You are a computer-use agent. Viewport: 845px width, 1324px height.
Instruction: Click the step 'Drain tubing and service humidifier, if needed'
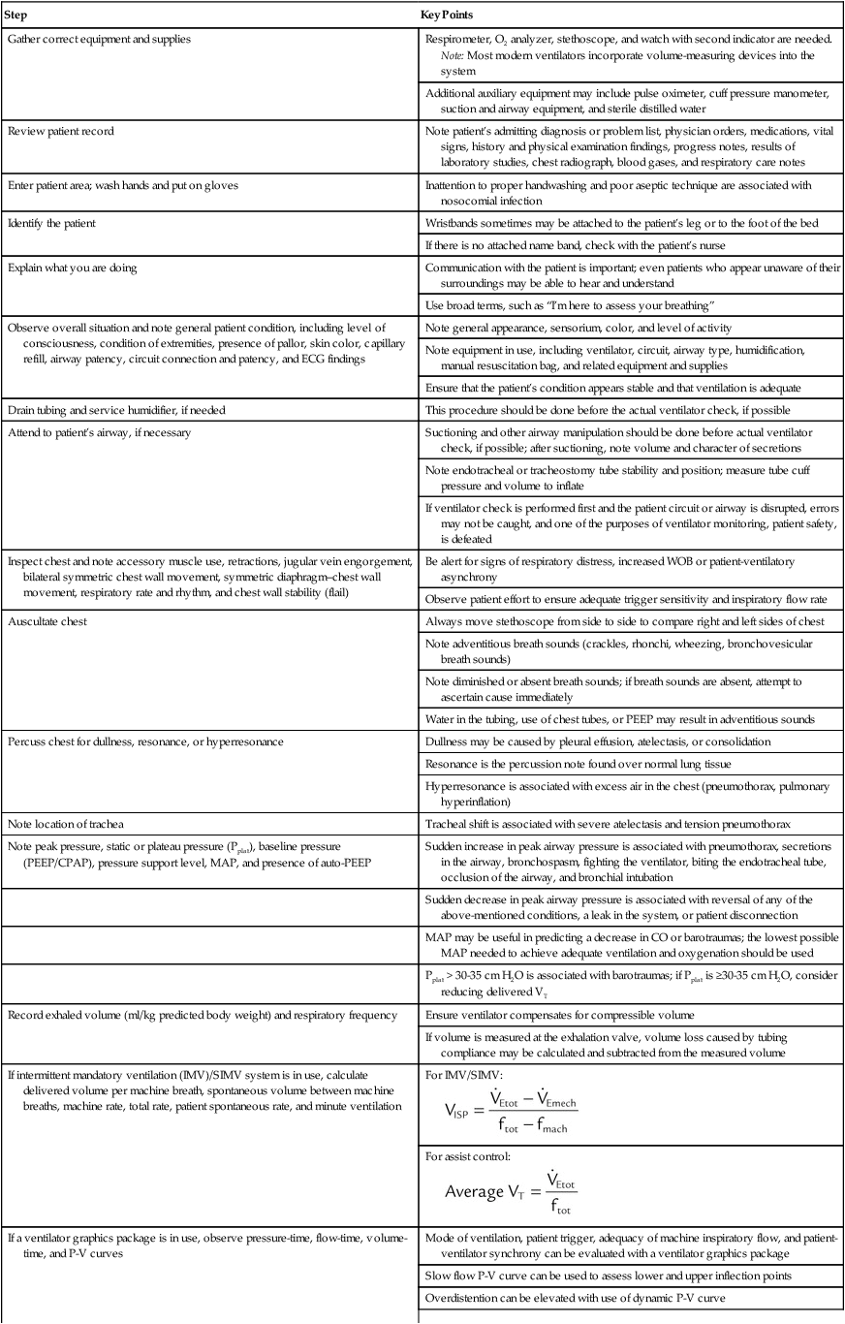[115, 411]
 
